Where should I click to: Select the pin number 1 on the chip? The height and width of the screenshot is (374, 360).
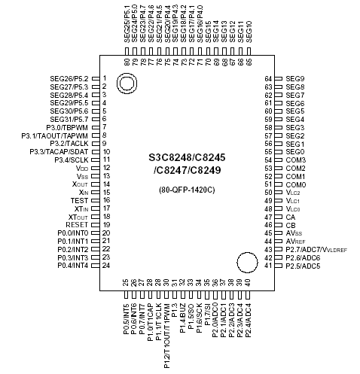tap(105, 78)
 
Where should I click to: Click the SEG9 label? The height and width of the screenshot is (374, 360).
tap(296, 78)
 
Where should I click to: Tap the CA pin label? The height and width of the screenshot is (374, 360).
tap(291, 217)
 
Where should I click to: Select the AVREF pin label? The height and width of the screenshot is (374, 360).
tap(296, 241)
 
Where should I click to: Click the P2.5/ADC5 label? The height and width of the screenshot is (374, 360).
tap(304, 266)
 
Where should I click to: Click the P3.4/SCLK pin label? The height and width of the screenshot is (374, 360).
tap(72, 160)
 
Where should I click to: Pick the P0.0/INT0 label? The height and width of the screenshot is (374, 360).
tap(73, 233)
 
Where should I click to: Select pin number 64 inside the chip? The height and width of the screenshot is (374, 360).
tap(267, 78)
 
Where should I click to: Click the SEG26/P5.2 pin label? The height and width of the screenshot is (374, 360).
tap(69, 78)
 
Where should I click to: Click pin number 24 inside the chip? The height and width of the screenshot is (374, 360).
tap(106, 266)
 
